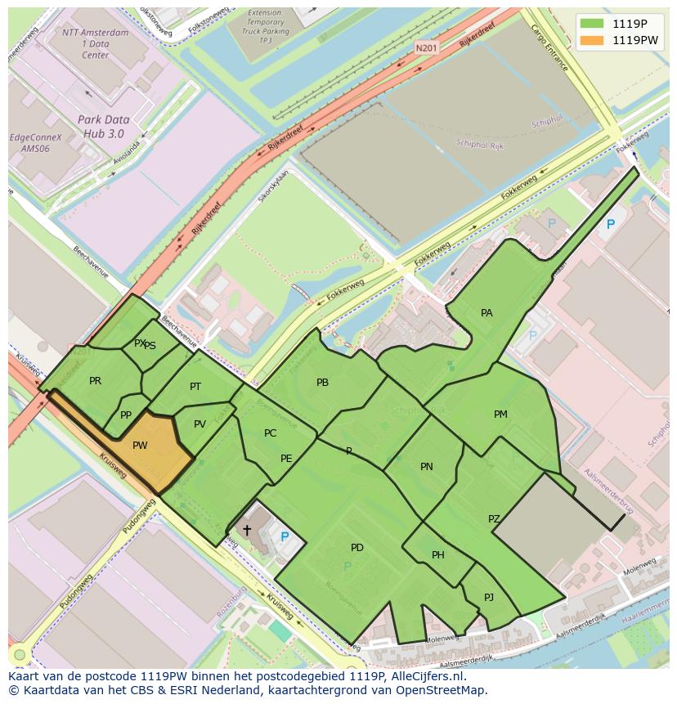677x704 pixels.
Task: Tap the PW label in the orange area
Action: coord(140,446)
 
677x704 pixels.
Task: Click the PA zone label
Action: coord(486,313)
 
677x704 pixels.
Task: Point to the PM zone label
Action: coord(500,415)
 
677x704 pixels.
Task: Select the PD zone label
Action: coord(356,548)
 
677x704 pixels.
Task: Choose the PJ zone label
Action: coord(488,598)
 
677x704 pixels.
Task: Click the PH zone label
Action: coord(438,555)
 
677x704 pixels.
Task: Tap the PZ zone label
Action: coord(494,519)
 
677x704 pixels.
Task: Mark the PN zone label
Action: coord(426,467)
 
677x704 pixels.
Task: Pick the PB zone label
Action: coord(322,383)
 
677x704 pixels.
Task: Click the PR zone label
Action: coord(95,381)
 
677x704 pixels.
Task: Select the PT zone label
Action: coord(195,387)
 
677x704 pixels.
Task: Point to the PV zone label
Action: coord(200,424)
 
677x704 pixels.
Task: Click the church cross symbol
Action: coord(247,531)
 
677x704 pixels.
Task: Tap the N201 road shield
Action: coord(426,48)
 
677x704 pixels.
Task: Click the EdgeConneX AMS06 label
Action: coord(35,143)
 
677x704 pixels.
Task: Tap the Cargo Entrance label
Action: coord(549,47)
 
